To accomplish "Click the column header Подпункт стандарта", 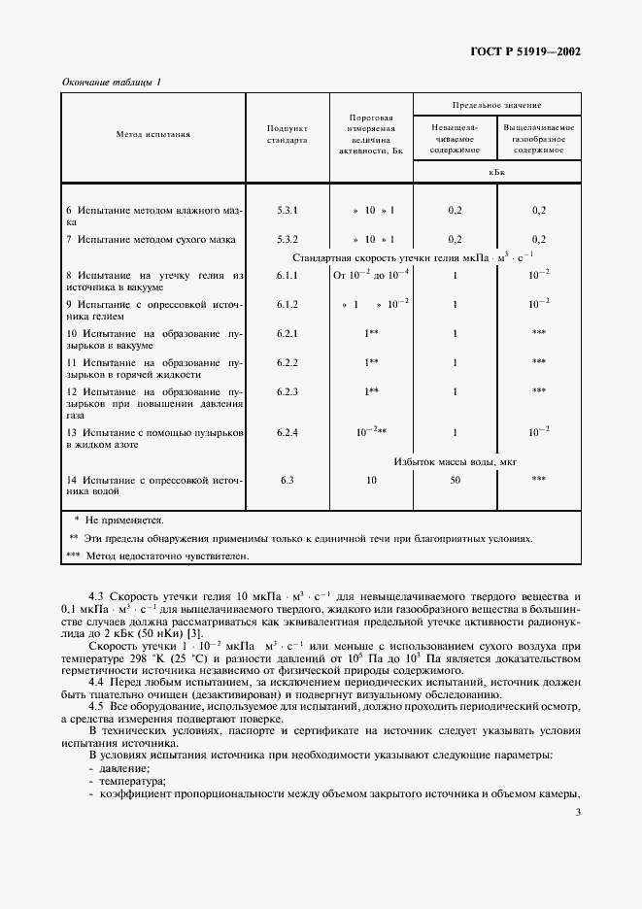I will coord(287,134).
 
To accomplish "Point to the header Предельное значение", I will coord(497,103).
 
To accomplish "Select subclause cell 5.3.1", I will coord(287,210).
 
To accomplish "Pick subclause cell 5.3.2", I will coord(287,239).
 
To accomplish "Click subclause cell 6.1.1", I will coord(287,276).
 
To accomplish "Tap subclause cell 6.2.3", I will coord(287,391).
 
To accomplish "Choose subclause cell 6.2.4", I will coord(287,429).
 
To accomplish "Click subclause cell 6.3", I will coord(287,480).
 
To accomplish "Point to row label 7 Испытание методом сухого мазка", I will coord(152,239).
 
